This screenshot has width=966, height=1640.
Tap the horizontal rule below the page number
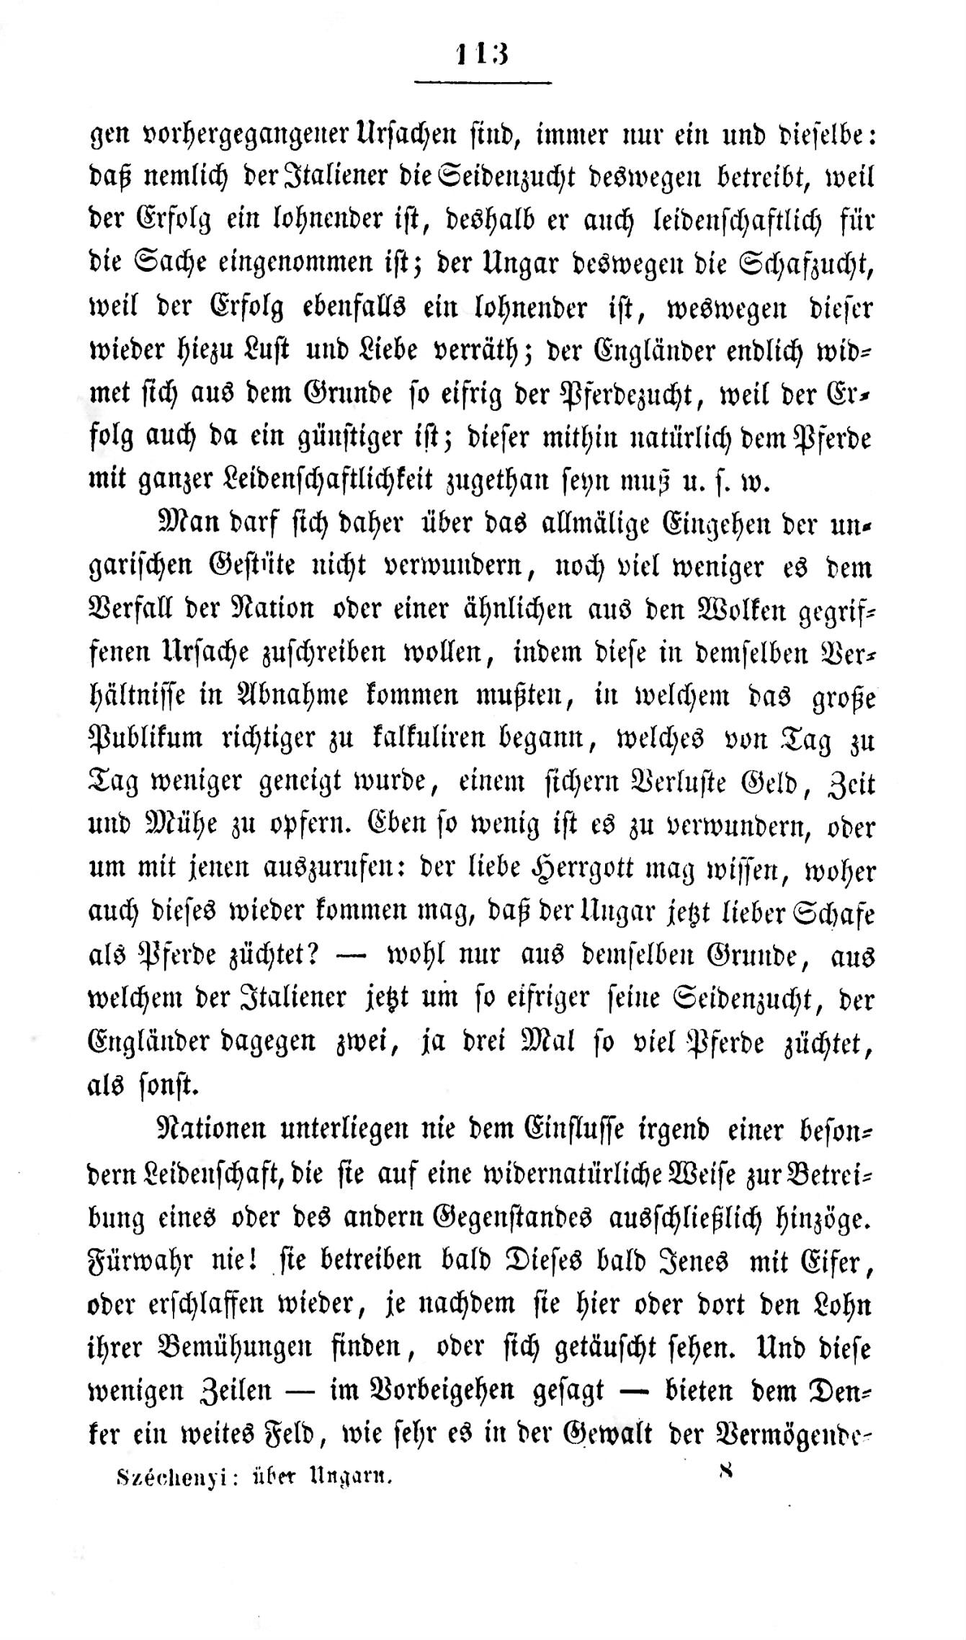tap(482, 83)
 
